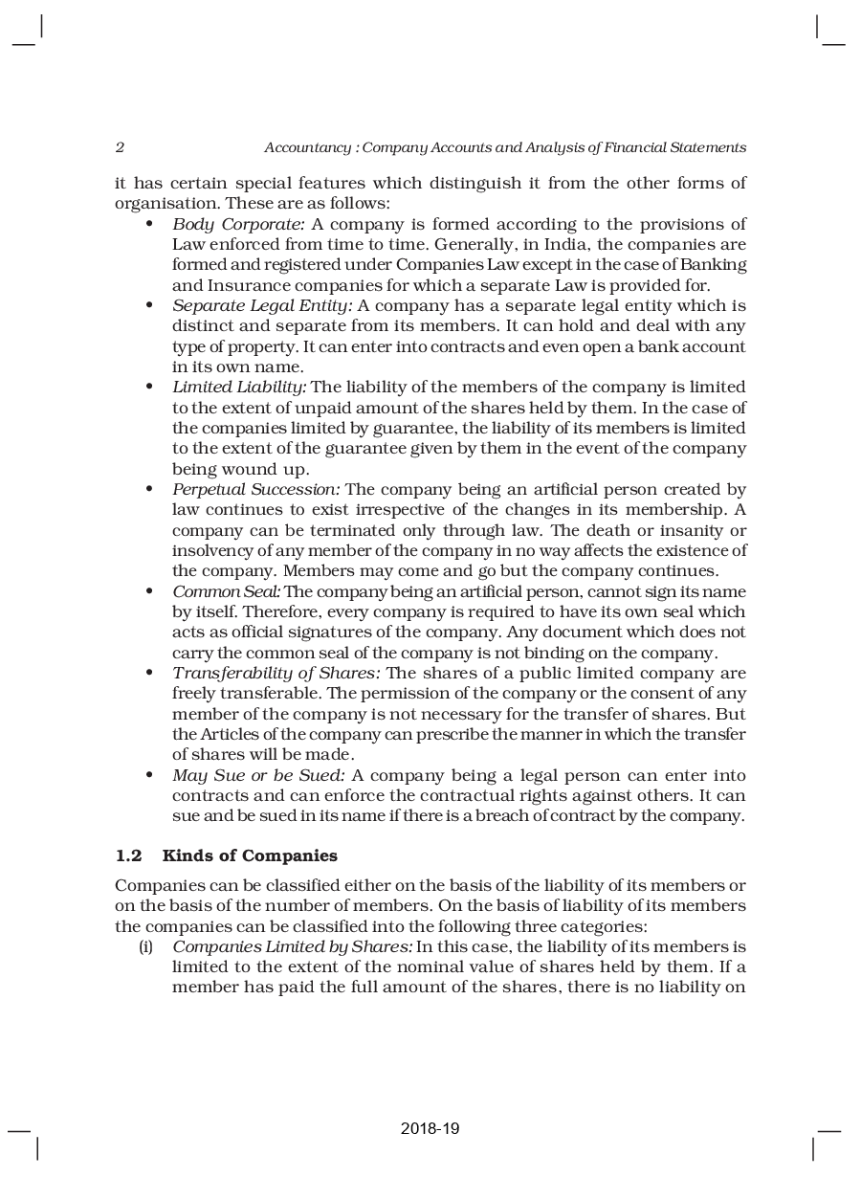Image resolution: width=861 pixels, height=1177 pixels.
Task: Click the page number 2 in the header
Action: tap(120, 147)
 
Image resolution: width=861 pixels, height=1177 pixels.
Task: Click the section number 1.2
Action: tap(128, 855)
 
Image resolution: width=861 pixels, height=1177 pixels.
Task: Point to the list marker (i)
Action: tap(146, 946)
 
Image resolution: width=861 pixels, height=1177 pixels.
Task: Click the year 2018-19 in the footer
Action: tap(430, 1129)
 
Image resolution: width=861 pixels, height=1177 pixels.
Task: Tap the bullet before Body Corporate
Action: tap(149, 224)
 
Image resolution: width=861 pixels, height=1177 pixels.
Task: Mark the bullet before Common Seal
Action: tap(149, 591)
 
